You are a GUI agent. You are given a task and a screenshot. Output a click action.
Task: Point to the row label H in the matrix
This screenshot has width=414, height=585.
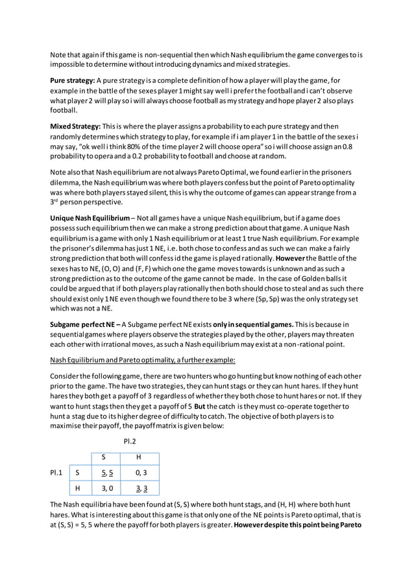point(77,487)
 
